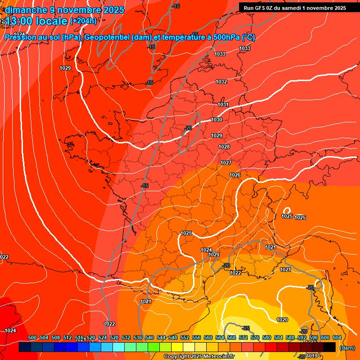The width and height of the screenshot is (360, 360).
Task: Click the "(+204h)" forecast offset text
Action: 83,21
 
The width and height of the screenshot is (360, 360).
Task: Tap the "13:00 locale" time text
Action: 37,22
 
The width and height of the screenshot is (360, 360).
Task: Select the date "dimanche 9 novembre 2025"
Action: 65,10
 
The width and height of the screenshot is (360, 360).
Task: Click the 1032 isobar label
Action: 222,82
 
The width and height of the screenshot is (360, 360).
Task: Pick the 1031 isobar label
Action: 223,105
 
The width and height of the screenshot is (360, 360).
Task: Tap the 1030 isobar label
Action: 217,120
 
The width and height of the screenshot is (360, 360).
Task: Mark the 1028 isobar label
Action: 224,147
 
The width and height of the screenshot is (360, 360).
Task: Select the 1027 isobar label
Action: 226,163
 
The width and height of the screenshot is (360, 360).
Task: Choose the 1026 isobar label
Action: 235,175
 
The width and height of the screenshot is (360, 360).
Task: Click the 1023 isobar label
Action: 214,255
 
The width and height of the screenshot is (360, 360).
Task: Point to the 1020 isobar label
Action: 282,320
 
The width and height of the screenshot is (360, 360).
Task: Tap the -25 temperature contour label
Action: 246,328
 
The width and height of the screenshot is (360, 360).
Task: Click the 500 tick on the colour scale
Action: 32,338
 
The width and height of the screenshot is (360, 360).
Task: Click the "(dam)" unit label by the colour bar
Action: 347,348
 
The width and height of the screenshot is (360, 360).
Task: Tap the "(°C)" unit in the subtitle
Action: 248,37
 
